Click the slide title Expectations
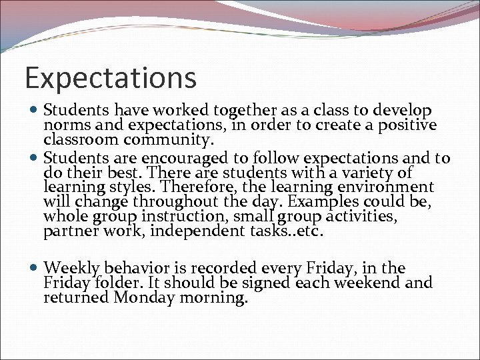(x=111, y=78)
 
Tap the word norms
(x=63, y=125)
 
